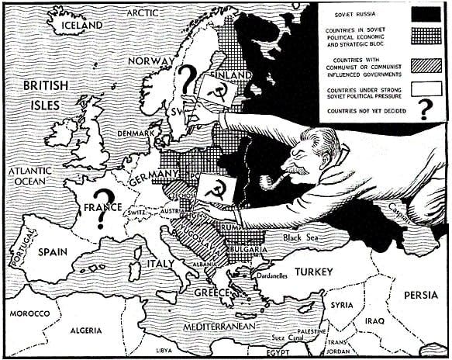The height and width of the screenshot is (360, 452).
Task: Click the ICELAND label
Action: [x=75, y=25]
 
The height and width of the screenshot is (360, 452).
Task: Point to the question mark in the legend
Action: [x=423, y=112]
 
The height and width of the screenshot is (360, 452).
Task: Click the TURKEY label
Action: [x=312, y=272]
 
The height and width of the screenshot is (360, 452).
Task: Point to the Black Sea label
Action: [x=302, y=237]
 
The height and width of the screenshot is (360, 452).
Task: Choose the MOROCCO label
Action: [x=29, y=313]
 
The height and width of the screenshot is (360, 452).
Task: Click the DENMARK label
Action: [x=136, y=133]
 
